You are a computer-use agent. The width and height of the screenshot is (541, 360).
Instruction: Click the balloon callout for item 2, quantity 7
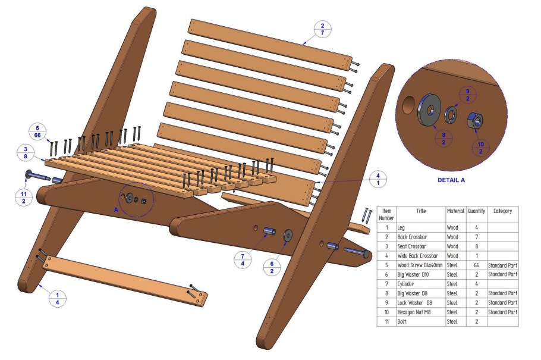click(322, 30)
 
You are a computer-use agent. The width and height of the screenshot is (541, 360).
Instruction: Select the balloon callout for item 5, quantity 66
click(37, 132)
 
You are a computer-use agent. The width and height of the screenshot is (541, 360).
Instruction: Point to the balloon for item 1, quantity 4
click(58, 299)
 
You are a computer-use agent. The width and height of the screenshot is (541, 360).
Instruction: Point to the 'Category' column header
click(502, 211)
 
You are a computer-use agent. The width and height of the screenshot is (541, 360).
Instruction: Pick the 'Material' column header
click(455, 211)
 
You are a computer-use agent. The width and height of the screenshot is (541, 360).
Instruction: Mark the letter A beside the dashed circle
click(117, 209)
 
